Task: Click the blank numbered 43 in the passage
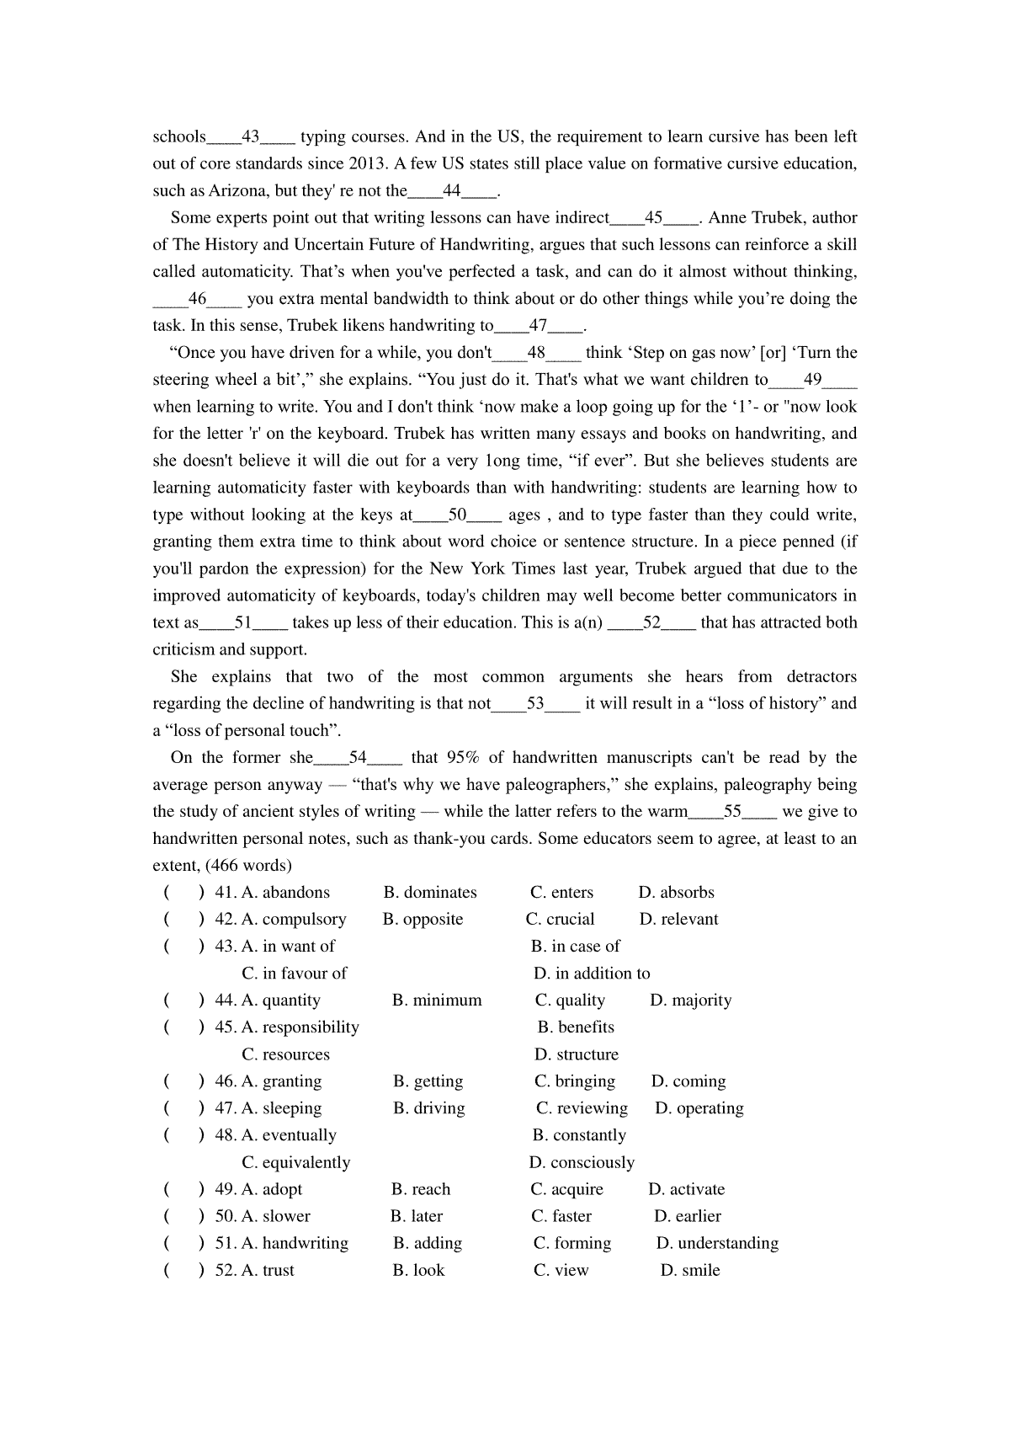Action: [x=251, y=136]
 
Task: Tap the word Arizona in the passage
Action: [x=239, y=190]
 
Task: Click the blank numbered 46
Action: [x=198, y=298]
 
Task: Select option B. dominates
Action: [x=430, y=893]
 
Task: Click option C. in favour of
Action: [x=295, y=974]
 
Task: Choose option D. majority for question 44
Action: [x=691, y=1000]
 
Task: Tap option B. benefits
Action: [x=576, y=1027]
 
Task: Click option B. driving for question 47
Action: [x=428, y=1108]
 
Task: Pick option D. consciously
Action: [x=582, y=1162]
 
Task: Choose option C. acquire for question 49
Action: [x=566, y=1189]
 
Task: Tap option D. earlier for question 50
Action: [x=688, y=1216]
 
